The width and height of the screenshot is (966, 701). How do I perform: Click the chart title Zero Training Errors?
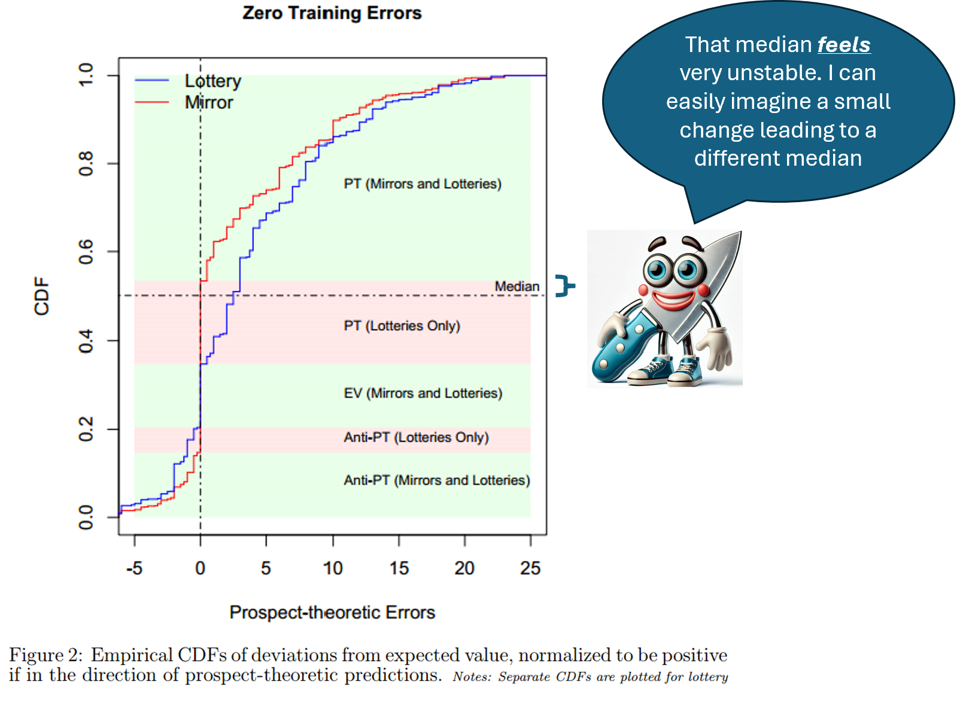[332, 13]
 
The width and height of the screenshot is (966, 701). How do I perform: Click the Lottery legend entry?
[212, 81]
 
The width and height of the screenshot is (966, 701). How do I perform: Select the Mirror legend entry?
[209, 102]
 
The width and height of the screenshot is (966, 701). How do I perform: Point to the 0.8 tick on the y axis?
[86, 163]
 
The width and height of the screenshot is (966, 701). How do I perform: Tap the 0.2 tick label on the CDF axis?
[86, 429]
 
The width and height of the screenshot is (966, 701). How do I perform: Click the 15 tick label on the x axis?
[399, 568]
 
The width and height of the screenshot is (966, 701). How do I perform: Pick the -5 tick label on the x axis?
[134, 568]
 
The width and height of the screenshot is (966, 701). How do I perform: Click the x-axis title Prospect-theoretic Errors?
[332, 612]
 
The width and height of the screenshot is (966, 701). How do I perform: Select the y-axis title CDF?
[41, 296]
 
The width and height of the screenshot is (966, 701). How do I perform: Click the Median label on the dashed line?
[517, 287]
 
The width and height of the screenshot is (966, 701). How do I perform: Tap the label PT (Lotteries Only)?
[402, 326]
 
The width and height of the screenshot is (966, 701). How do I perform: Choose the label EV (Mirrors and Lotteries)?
[423, 393]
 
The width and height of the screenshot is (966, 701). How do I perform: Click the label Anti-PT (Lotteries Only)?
[416, 437]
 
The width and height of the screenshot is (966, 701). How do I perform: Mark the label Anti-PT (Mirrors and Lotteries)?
[436, 480]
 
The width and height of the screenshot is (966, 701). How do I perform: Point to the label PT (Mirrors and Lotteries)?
[423, 184]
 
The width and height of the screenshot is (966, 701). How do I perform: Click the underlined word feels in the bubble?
[844, 45]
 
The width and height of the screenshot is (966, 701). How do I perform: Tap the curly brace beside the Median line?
[564, 286]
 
